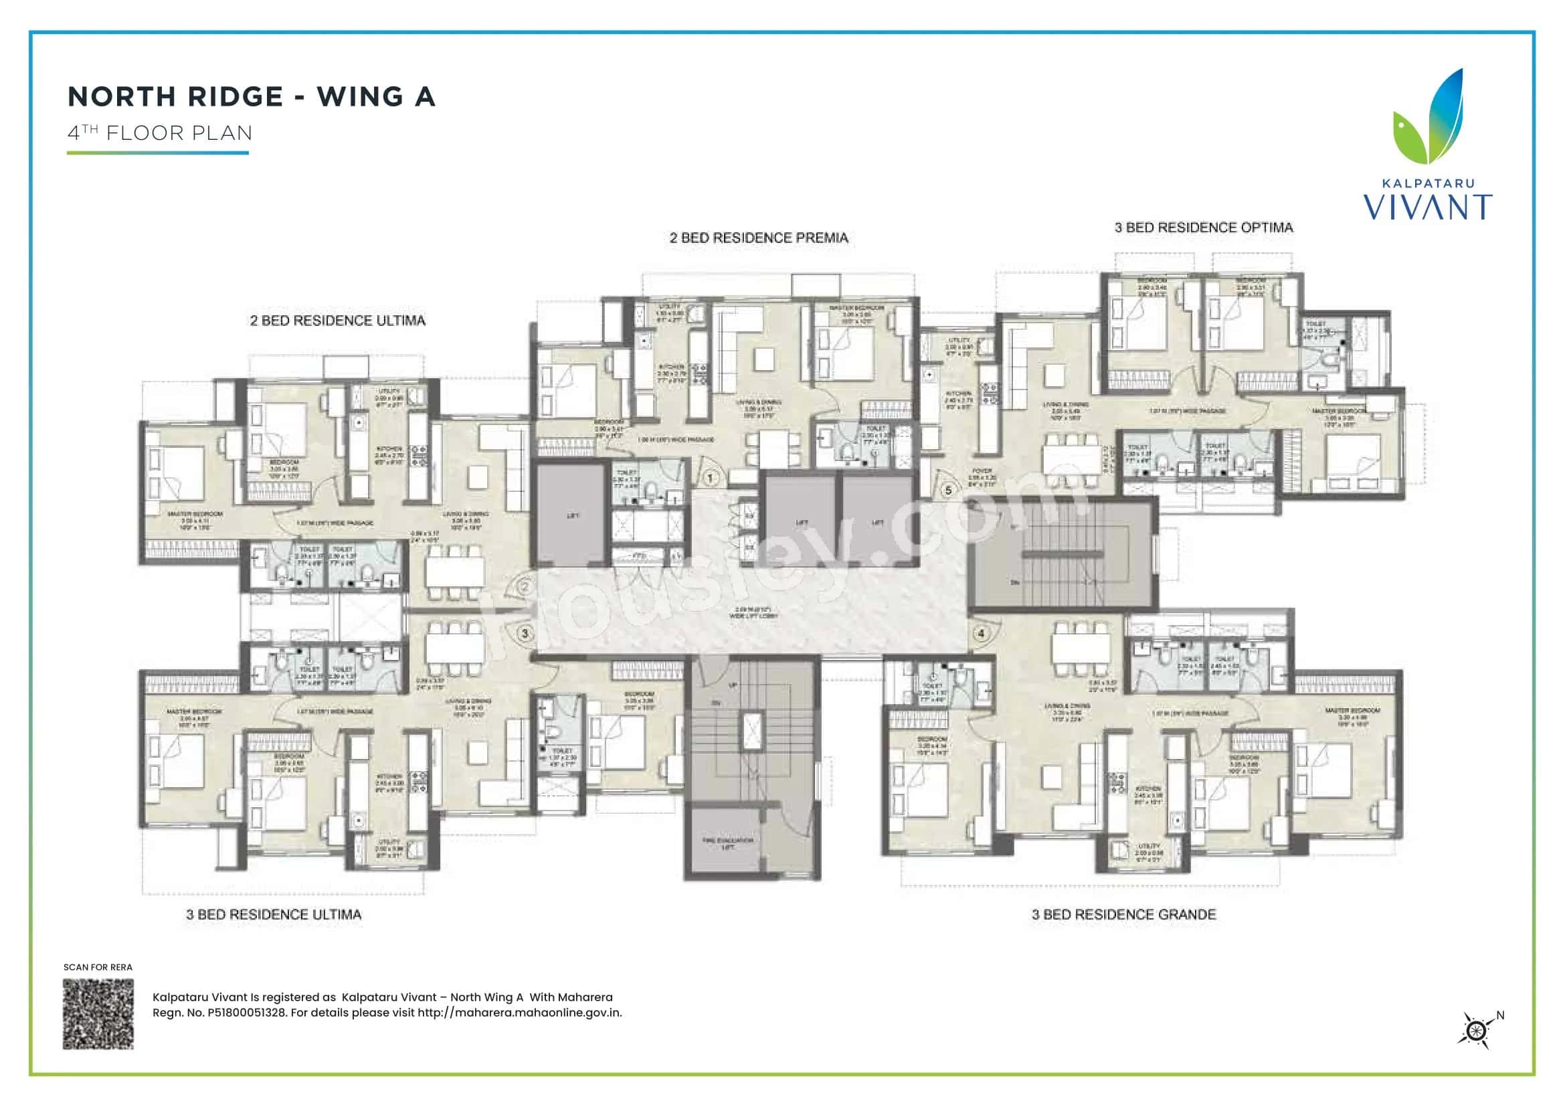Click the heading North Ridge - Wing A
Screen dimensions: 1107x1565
(251, 97)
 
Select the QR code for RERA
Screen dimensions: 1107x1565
(98, 1013)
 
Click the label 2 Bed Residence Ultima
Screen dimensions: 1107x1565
(337, 321)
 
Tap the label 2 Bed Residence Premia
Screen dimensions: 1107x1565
(759, 238)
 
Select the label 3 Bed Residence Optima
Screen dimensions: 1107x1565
(1203, 228)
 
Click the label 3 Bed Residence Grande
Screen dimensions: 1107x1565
(1123, 915)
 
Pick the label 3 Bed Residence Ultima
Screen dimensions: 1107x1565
(274, 915)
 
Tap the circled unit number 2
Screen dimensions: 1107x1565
(525, 586)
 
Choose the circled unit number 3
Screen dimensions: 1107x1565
(525, 633)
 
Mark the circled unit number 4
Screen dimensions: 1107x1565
(981, 633)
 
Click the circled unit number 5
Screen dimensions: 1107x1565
(948, 490)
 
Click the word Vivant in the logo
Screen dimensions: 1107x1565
(1427, 207)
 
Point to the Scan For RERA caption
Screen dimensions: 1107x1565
(98, 967)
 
